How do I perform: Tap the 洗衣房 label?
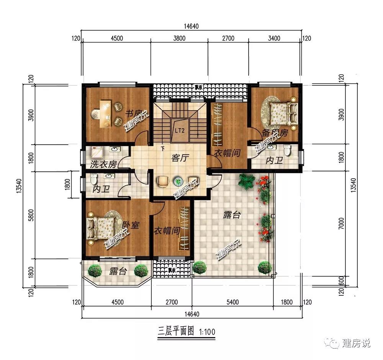click(103, 165)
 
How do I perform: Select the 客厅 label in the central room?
click(180, 158)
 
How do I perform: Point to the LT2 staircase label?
click(180, 130)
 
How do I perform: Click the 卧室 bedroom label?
click(130, 225)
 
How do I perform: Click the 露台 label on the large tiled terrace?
click(232, 215)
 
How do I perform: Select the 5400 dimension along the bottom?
click(232, 302)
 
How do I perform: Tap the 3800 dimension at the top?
click(179, 38)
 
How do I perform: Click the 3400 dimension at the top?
click(274, 38)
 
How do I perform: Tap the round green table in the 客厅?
click(178, 181)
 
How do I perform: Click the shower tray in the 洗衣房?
click(96, 153)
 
